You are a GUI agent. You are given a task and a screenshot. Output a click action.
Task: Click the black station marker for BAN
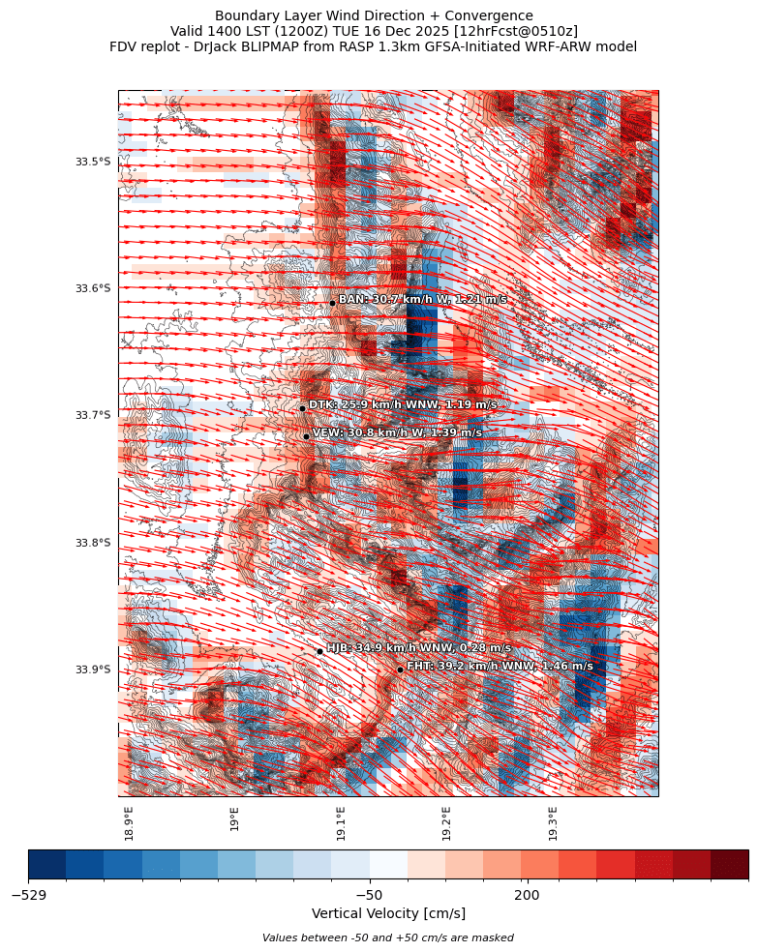tap(332, 303)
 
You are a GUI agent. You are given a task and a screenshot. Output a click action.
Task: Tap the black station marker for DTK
tap(302, 408)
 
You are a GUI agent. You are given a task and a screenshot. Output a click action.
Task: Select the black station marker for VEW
tap(306, 436)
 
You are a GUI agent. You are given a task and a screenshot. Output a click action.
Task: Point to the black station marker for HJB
tap(319, 651)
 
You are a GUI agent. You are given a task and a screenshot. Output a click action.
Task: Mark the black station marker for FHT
tap(400, 669)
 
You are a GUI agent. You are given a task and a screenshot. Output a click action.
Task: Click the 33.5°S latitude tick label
tap(93, 162)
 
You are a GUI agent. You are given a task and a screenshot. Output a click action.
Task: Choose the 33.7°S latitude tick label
tap(93, 416)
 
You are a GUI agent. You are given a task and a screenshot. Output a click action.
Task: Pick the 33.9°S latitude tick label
tap(93, 669)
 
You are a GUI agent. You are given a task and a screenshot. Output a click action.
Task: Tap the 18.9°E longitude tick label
tap(129, 822)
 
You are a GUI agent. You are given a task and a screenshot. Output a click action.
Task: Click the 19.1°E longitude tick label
tap(341, 822)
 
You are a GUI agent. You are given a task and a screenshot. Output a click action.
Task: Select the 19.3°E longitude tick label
tap(553, 822)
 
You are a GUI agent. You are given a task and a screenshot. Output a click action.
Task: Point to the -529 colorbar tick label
tap(29, 895)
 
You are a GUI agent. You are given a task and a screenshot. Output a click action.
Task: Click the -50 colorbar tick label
tap(369, 895)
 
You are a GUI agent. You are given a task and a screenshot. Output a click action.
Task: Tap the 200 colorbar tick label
tap(527, 895)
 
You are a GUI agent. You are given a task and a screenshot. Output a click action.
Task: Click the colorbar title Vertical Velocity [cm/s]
tap(388, 914)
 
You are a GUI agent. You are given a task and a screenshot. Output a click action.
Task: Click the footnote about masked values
tap(388, 937)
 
